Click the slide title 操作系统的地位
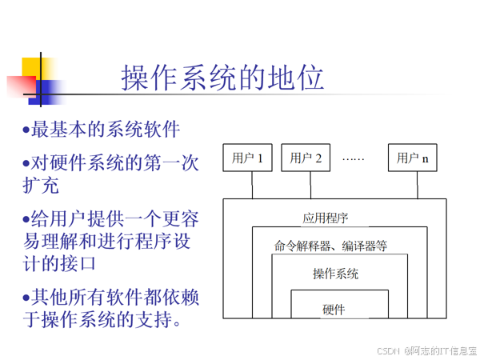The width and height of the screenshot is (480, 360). [222, 79]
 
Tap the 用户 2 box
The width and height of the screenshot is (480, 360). [306, 158]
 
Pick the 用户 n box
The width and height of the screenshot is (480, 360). [413, 158]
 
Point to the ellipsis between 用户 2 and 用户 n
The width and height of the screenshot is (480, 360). [353, 158]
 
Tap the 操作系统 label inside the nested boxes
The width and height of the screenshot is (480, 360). [335, 274]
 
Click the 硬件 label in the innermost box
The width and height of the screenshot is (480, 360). [334, 309]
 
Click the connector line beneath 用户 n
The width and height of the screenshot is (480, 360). [417, 185]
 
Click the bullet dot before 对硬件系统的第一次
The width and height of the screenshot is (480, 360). [26, 163]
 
